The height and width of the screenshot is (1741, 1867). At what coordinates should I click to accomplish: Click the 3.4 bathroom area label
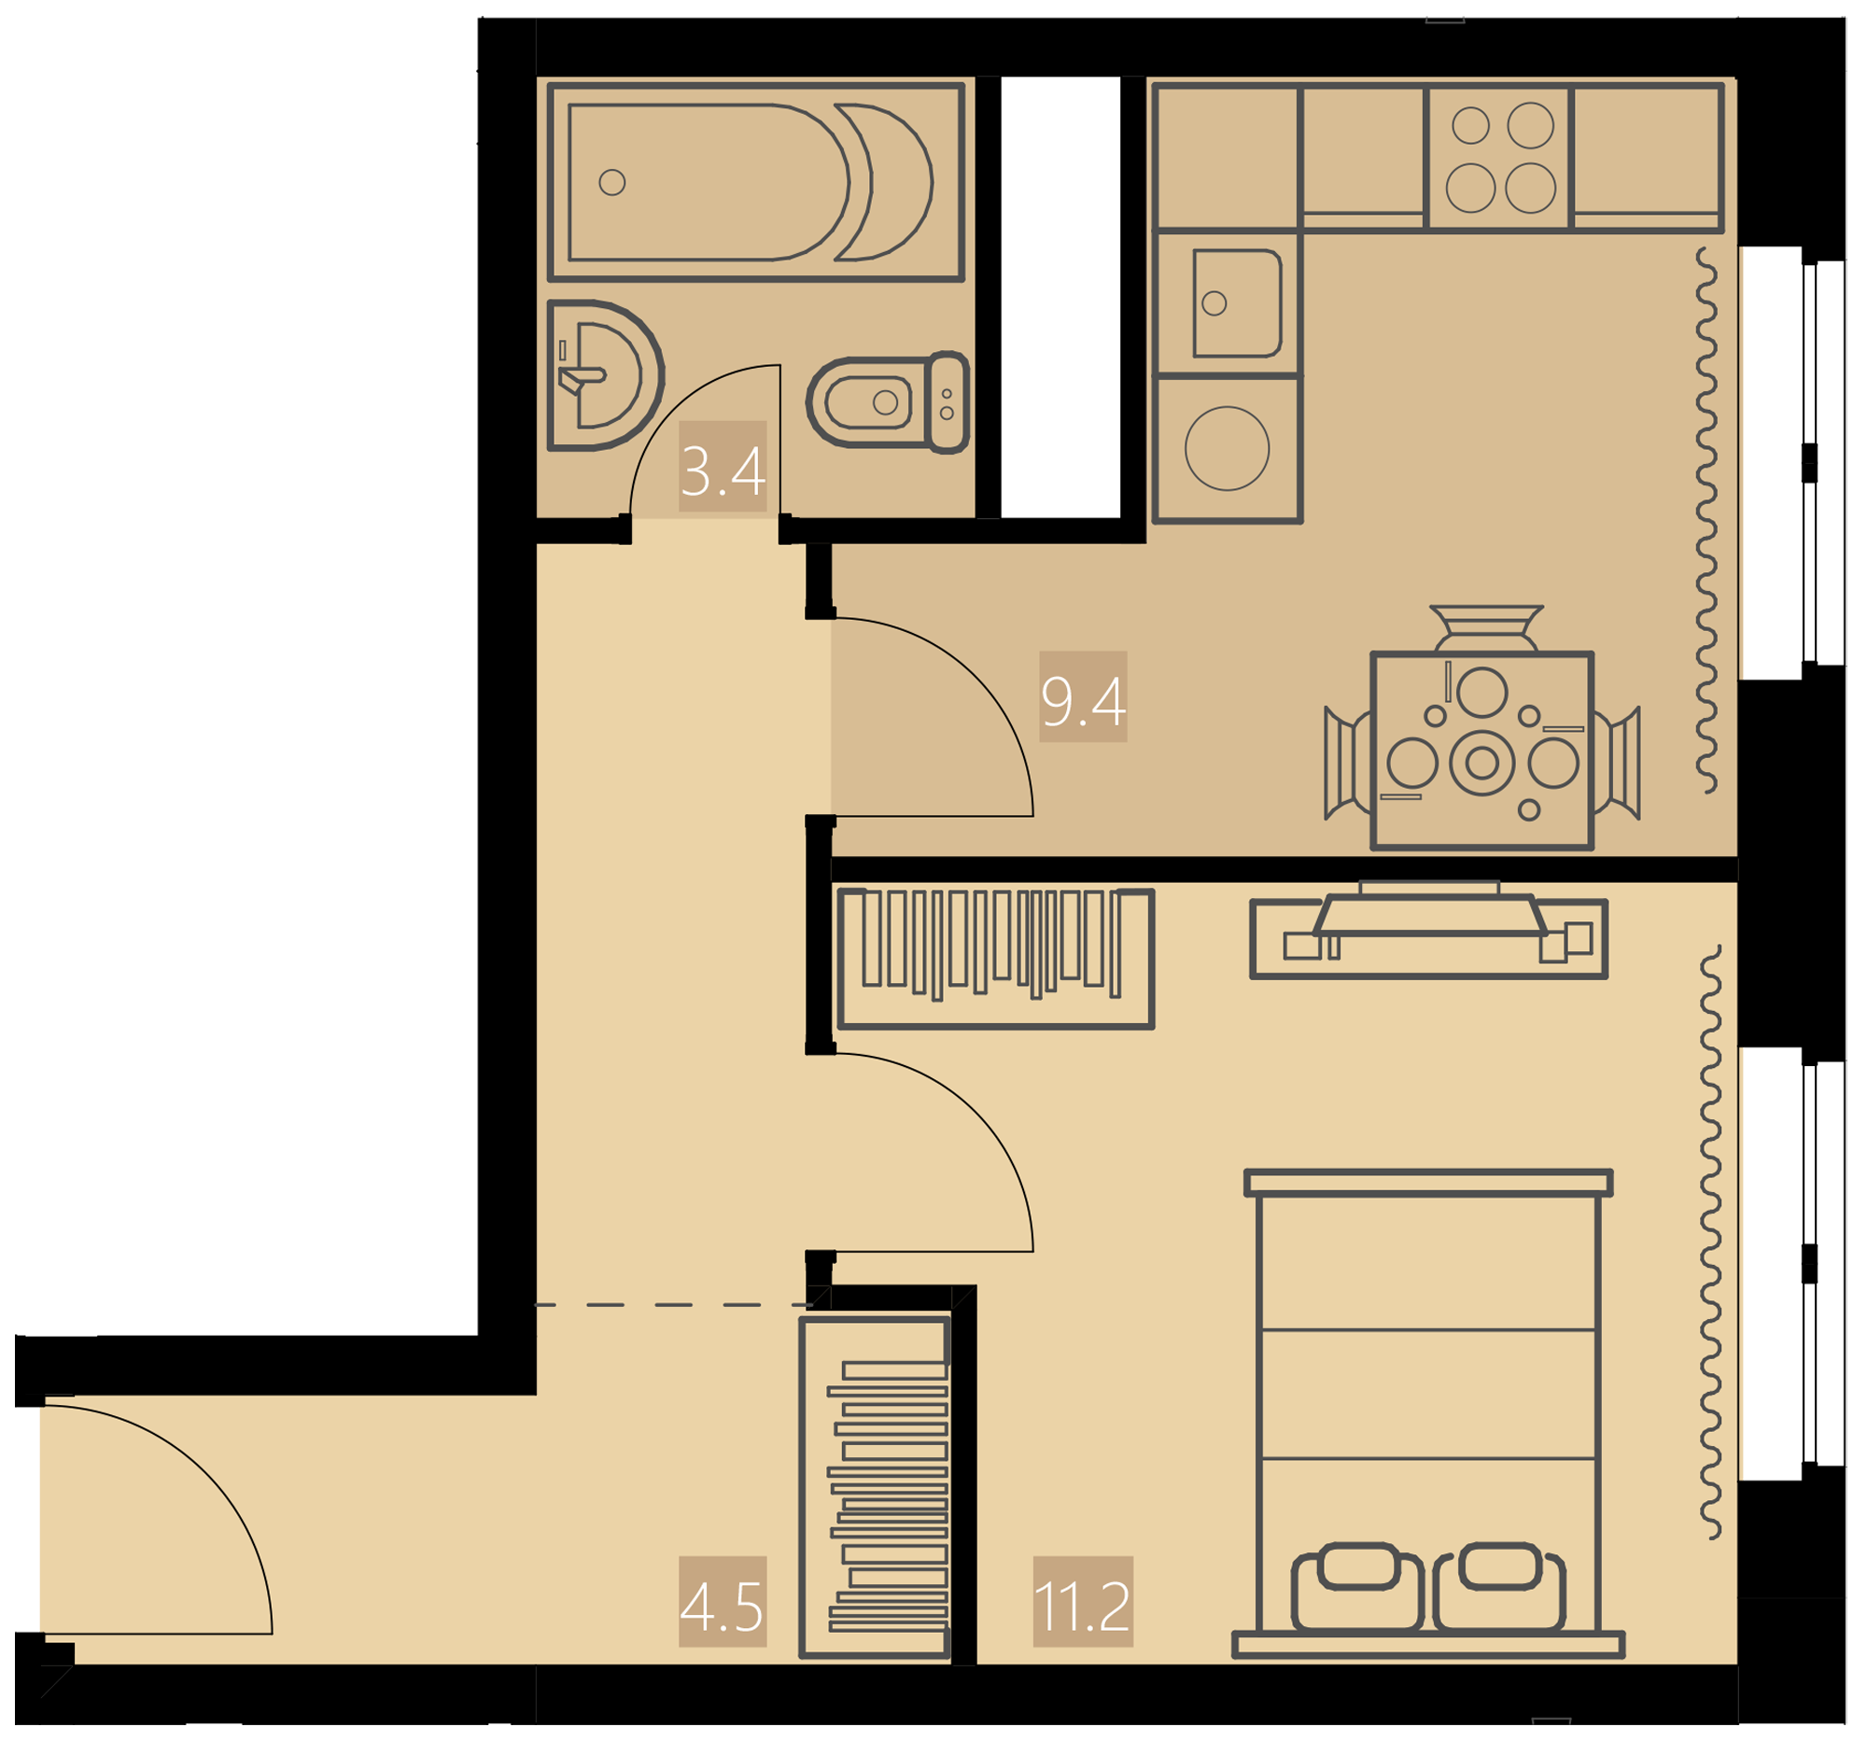point(723,471)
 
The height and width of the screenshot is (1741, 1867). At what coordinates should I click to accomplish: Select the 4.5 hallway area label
point(722,1608)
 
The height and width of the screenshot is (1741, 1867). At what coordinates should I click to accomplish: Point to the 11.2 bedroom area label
point(1082,1608)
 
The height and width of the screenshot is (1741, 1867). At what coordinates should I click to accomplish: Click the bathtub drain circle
point(612,182)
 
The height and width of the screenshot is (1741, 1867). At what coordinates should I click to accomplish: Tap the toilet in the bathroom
point(888,402)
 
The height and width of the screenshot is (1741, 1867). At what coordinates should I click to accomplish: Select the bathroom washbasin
point(606,375)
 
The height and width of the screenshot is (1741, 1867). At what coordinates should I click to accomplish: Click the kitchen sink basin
point(1237,303)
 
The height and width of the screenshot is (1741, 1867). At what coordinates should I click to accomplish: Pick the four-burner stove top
point(1499,158)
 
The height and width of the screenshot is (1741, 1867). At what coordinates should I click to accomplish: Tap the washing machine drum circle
point(1227,449)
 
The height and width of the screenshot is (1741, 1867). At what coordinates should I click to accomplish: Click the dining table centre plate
point(1482,764)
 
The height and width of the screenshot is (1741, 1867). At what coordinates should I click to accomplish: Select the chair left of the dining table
point(1348,764)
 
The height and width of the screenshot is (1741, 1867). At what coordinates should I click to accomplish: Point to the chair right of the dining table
point(1616,764)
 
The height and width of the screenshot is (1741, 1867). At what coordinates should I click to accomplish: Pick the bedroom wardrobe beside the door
point(995,959)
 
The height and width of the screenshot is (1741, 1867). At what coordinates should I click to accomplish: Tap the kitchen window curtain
point(1706,520)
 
